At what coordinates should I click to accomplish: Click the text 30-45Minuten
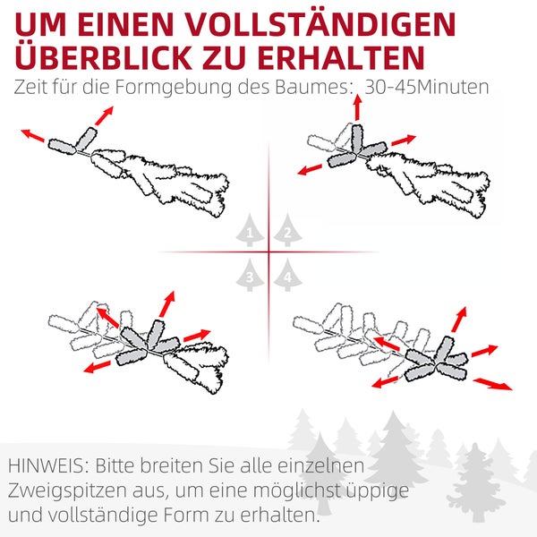point(428,89)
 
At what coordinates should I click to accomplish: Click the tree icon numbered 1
point(248,231)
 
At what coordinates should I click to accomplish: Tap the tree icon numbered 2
point(286,231)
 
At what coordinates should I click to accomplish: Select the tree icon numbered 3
point(249,275)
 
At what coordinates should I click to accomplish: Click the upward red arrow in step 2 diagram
point(357,107)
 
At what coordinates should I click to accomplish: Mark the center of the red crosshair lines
point(268,251)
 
